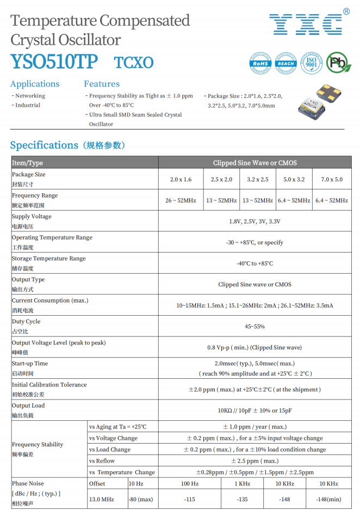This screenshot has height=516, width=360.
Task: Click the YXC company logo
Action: click(306, 23)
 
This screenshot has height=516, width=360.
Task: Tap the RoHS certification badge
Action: click(260, 63)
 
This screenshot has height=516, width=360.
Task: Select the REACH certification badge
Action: click(285, 63)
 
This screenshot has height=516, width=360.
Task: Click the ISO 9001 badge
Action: click(311, 63)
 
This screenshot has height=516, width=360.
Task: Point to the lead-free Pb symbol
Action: click(338, 63)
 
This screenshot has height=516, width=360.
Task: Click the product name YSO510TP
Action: click(54, 62)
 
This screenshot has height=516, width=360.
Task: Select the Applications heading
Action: click(35, 84)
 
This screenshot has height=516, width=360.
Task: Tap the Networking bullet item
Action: click(30, 96)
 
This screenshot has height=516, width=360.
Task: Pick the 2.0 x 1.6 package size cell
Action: click(181, 180)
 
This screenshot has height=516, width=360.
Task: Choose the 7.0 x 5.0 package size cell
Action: click(332, 180)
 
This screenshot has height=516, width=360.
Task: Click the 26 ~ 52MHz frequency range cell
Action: click(181, 200)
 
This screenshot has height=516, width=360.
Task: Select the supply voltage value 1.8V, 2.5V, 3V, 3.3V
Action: click(255, 222)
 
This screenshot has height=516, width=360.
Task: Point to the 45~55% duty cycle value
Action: click(255, 327)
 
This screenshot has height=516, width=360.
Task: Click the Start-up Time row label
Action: click(30, 364)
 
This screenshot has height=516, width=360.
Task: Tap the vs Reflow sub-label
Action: click(102, 461)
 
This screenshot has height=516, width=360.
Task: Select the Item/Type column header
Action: click(27, 163)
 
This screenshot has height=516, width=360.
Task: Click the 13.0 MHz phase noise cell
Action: click(101, 499)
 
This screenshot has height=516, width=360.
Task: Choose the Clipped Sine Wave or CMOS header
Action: click(255, 163)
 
